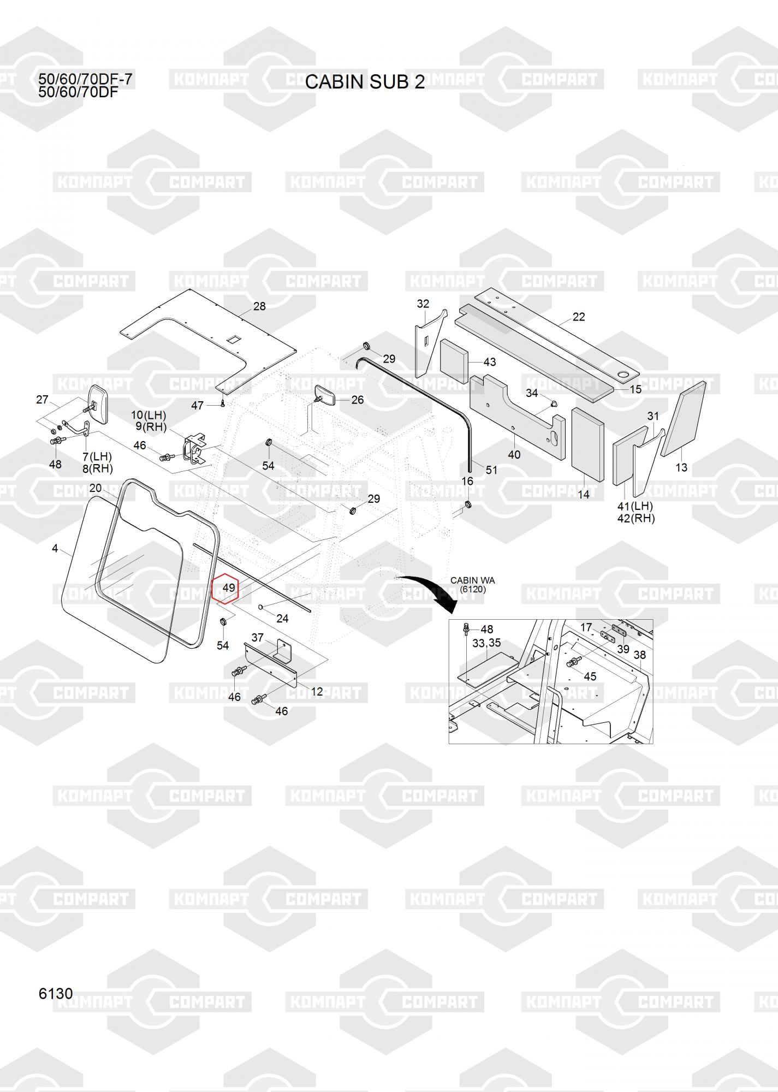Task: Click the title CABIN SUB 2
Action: click(365, 82)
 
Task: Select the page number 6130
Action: click(56, 993)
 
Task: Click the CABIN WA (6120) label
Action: click(472, 585)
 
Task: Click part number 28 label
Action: click(259, 306)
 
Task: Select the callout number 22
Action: click(579, 317)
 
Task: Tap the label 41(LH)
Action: click(635, 506)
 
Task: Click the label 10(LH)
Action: click(149, 416)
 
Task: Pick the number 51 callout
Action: click(491, 470)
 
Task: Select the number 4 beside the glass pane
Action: click(55, 548)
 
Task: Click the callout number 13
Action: click(681, 467)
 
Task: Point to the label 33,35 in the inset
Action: click(486, 643)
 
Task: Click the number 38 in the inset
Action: click(640, 654)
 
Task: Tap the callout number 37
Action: click(257, 637)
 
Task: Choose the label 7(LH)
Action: click(97, 456)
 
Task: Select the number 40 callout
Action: click(514, 454)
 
